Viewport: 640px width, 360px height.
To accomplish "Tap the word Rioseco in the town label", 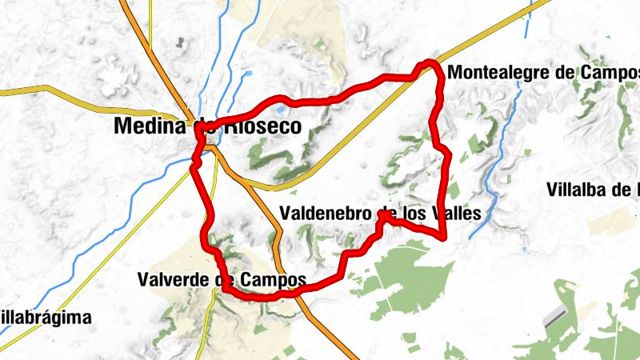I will click(x=261, y=126).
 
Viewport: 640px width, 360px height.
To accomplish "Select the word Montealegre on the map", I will click(x=499, y=72).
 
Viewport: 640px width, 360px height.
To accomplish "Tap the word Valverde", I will click(x=172, y=280).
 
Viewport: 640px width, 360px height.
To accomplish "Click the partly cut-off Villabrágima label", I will click(x=44, y=317).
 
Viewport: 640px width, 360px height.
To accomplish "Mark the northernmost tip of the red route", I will click(x=430, y=62).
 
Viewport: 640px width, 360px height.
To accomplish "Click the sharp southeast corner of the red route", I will click(x=443, y=235).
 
